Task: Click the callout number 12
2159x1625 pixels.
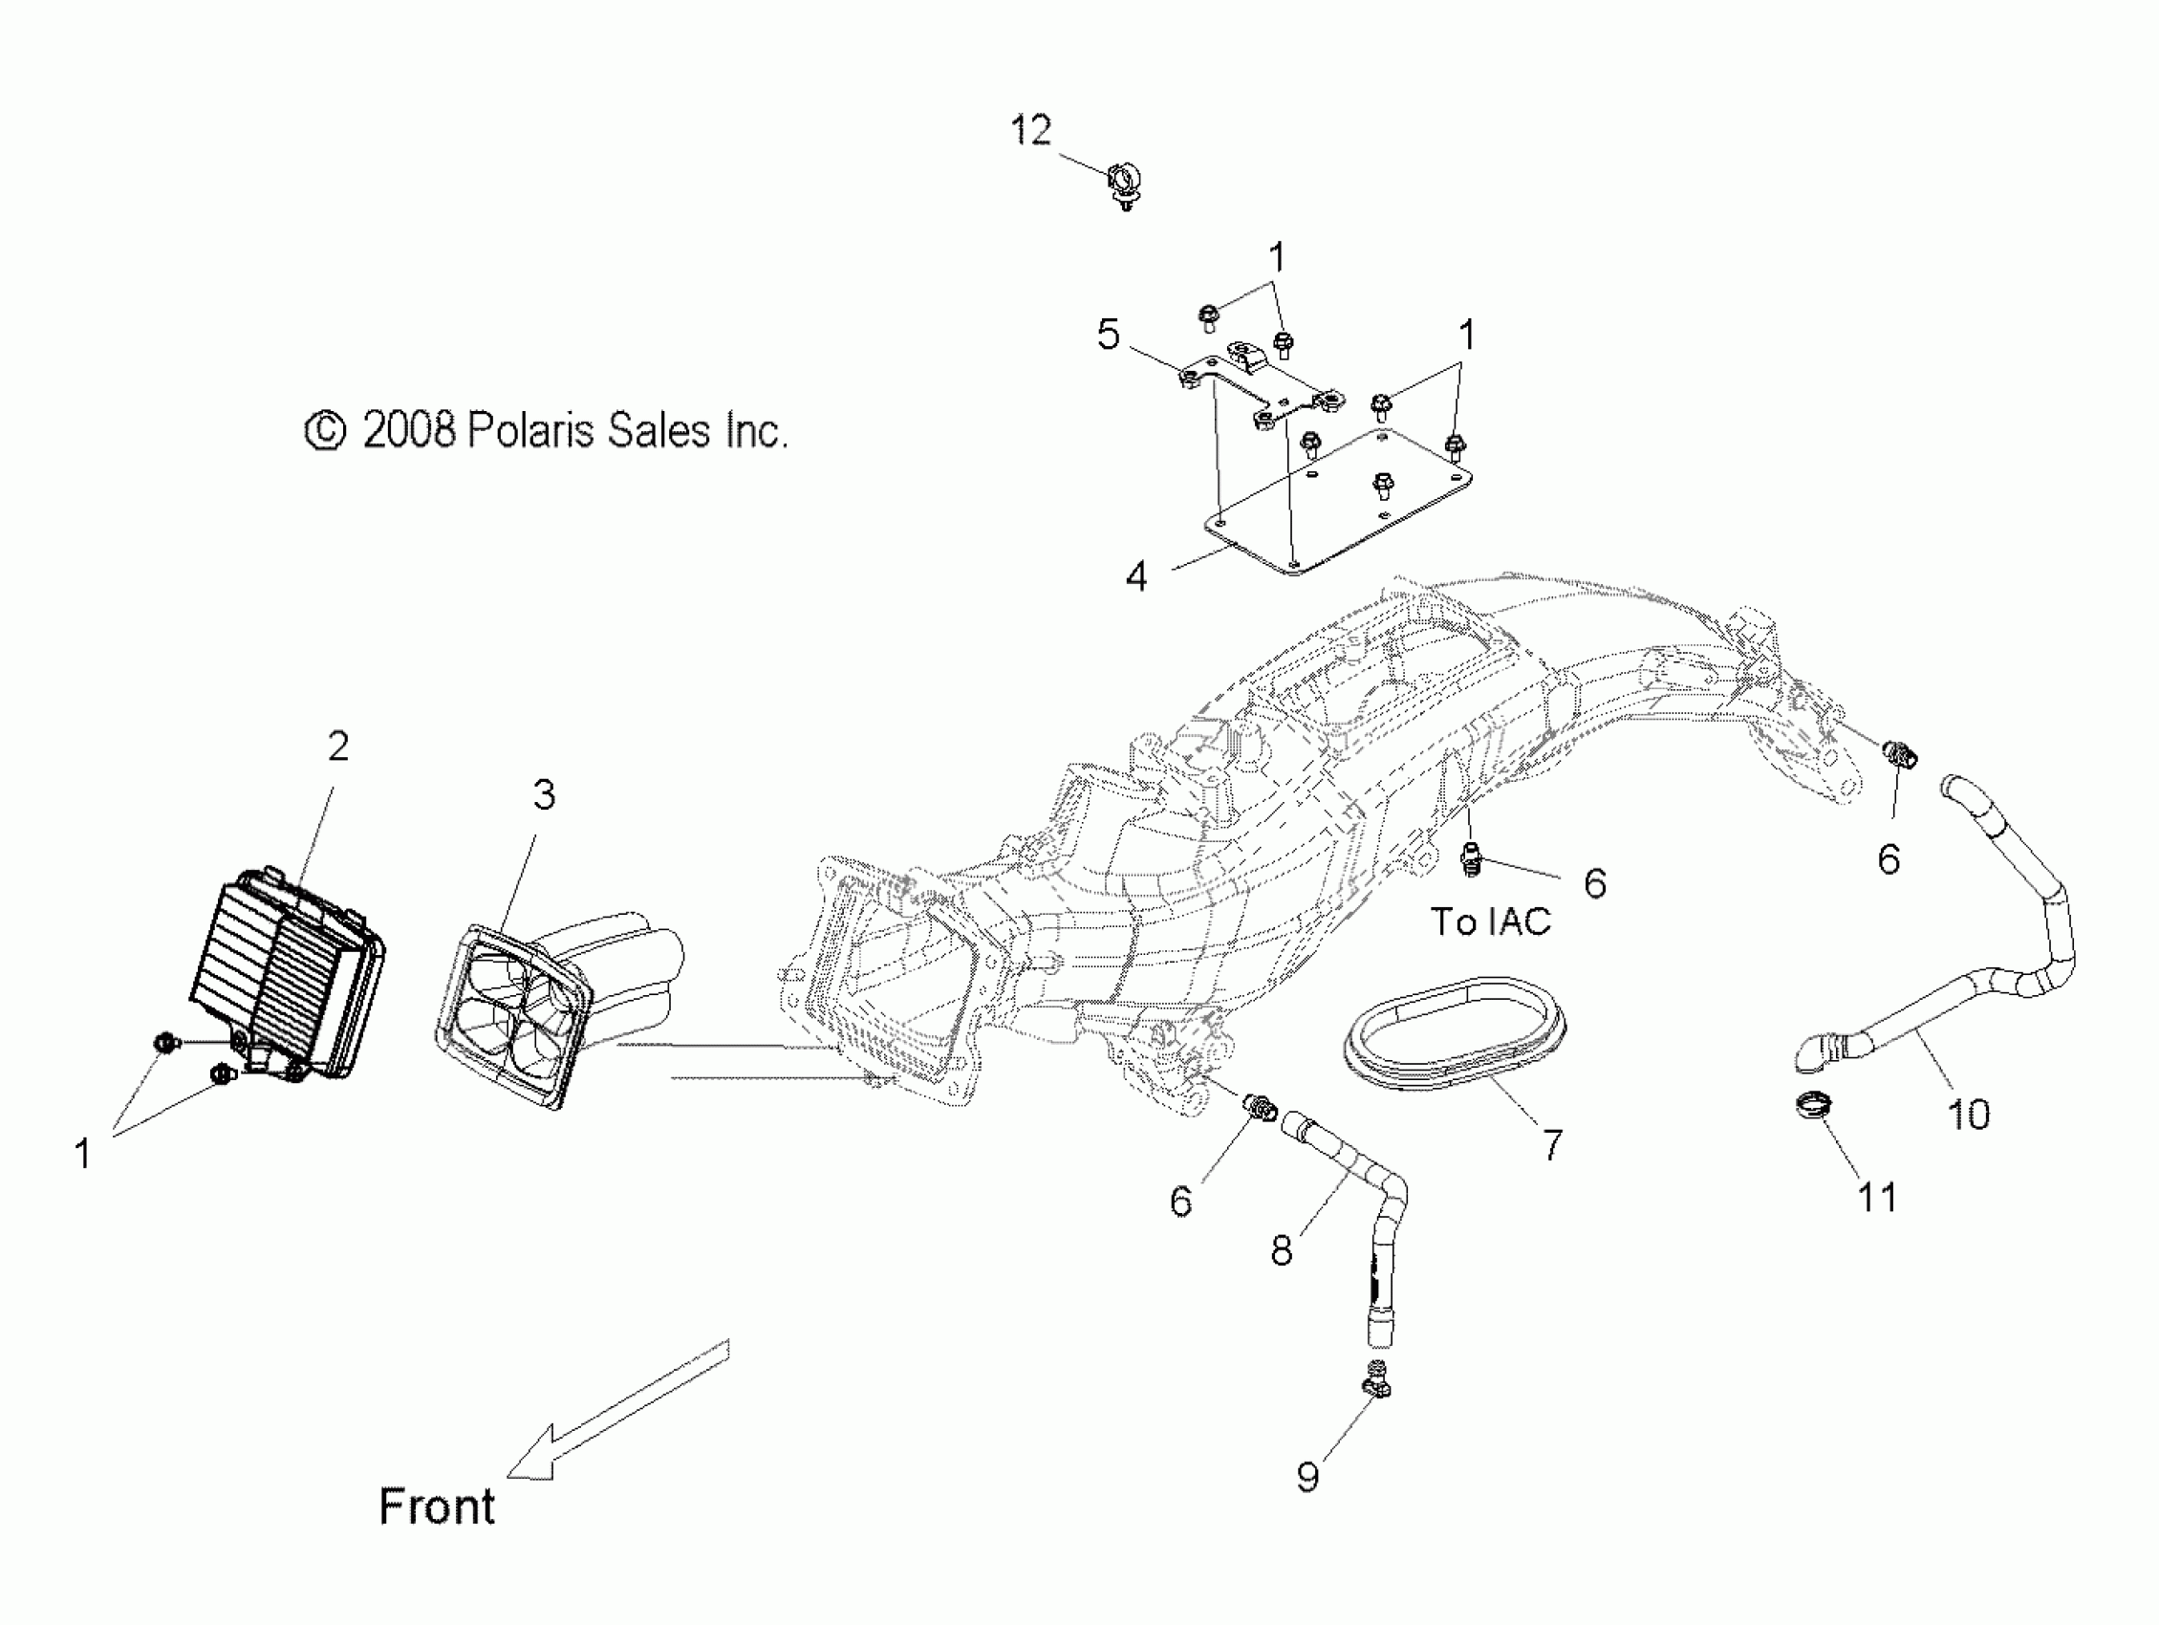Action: (1030, 130)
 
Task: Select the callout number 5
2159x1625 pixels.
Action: (1108, 334)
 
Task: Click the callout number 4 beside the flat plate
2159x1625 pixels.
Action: (1136, 576)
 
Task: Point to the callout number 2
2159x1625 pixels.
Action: (337, 747)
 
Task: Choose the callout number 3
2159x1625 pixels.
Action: (544, 794)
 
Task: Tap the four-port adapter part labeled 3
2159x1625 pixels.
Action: (515, 1015)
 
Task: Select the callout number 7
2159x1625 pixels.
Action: (1552, 1145)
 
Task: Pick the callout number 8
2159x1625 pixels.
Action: (1282, 1250)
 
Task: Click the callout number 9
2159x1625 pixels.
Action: (1306, 1477)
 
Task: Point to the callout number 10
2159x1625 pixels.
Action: (1968, 1115)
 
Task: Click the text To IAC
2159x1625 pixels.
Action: (1490, 922)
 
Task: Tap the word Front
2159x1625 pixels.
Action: (436, 1506)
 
